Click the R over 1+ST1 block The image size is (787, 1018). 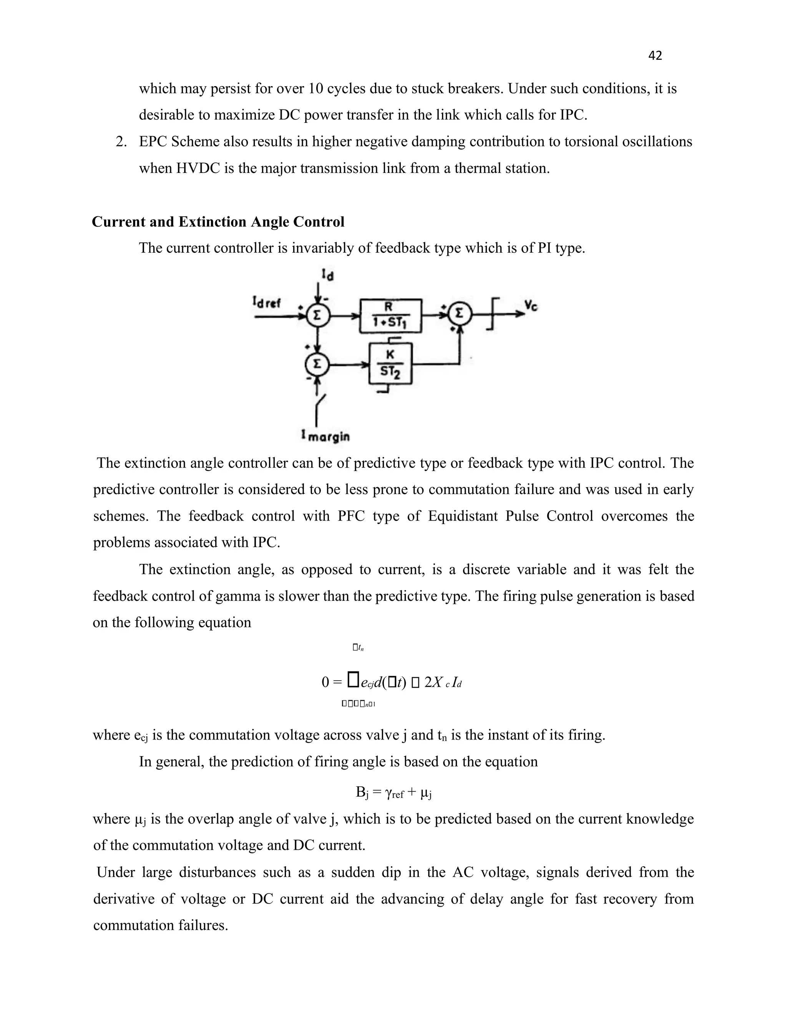[x=390, y=315]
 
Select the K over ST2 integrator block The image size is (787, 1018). [x=390, y=363]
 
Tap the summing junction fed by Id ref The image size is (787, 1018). [x=317, y=315]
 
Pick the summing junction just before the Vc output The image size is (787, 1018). [x=460, y=315]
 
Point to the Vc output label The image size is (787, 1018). [x=531, y=306]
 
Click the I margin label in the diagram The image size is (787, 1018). [x=325, y=436]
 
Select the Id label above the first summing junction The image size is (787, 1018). [x=327, y=275]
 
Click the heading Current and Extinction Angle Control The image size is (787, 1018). [x=218, y=222]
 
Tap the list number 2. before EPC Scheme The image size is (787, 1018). [x=121, y=142]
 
